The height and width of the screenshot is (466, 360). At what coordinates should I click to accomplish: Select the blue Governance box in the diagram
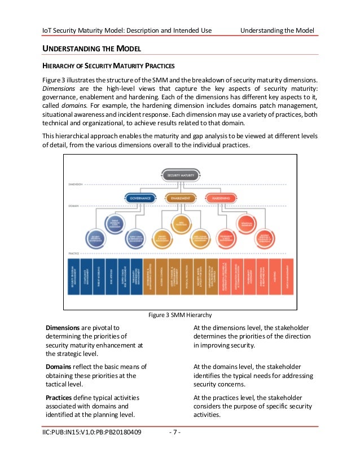(139, 198)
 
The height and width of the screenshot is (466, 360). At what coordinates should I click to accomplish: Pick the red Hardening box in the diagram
(221, 198)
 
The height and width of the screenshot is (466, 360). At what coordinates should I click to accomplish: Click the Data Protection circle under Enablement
(179, 225)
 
